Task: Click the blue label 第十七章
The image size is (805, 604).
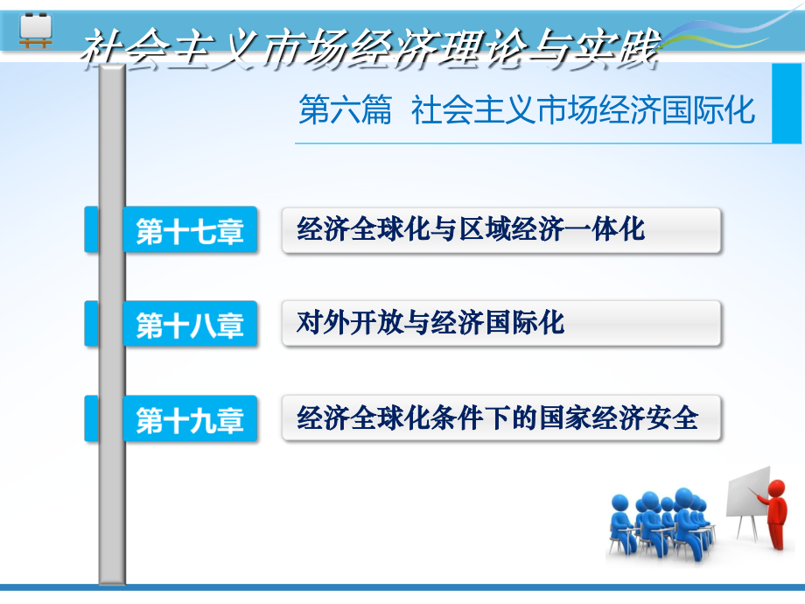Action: click(190, 230)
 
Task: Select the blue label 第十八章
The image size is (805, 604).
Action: click(190, 325)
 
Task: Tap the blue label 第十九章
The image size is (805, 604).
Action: click(190, 419)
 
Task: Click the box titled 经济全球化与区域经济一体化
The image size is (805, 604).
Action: click(501, 230)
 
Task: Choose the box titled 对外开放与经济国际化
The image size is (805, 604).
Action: click(501, 324)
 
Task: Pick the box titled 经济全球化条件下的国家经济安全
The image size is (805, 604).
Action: click(501, 418)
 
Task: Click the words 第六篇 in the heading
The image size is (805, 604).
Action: click(345, 112)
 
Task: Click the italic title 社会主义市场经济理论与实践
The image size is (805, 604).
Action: click(367, 48)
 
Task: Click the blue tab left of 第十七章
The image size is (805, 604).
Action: click(91, 230)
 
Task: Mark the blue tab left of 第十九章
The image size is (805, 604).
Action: click(91, 419)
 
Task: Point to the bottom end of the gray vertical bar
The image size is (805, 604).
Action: click(112, 577)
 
